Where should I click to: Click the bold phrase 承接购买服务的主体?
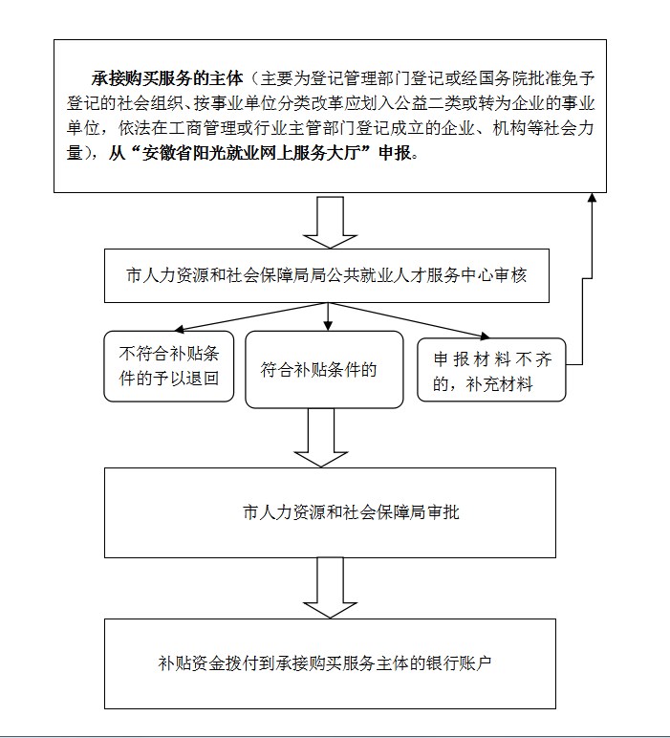click(x=167, y=78)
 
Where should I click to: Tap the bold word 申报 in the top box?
click(x=395, y=153)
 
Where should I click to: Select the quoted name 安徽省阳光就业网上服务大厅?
click(x=250, y=153)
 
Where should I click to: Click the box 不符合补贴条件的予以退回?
click(x=169, y=366)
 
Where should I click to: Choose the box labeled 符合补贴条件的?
click(x=324, y=369)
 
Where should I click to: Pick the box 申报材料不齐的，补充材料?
click(x=491, y=369)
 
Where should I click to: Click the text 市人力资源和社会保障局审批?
click(x=351, y=512)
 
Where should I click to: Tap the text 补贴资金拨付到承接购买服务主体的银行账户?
click(x=325, y=663)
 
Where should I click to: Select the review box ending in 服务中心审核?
click(x=327, y=275)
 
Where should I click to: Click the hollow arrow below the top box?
click(x=330, y=222)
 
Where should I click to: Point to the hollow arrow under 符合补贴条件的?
click(x=321, y=437)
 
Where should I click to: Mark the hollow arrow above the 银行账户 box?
click(x=330, y=587)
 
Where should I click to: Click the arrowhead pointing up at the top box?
click(x=592, y=197)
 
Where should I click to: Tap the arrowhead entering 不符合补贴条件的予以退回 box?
click(x=179, y=329)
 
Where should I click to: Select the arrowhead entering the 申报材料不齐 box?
click(x=485, y=336)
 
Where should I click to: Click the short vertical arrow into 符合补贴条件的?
click(x=328, y=316)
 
